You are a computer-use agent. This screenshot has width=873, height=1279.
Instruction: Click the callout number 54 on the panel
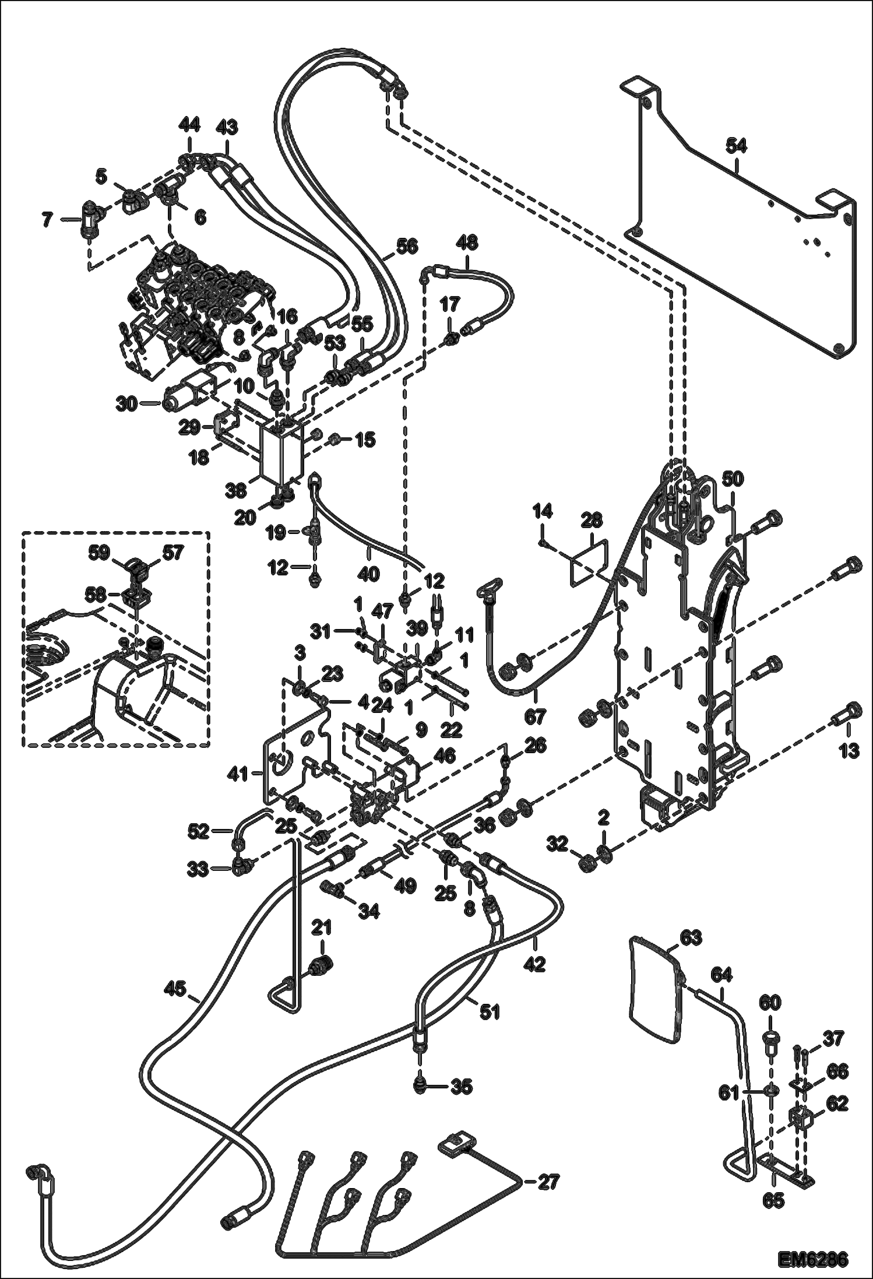tap(736, 146)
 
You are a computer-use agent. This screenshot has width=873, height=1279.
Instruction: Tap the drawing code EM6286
tap(812, 1258)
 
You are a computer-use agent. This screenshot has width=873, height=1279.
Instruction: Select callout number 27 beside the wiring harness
tap(548, 1182)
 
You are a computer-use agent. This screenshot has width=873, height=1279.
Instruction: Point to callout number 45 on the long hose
tap(174, 988)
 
